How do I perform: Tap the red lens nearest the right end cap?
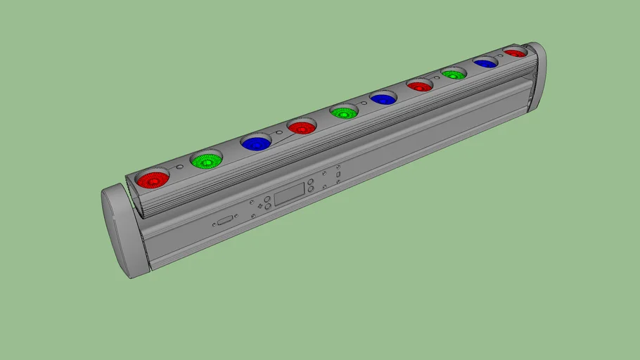515,53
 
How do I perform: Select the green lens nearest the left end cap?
207,161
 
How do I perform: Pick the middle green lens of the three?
344,112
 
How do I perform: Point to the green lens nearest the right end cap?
454,74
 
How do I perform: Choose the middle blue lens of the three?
383,99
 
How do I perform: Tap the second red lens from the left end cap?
301,128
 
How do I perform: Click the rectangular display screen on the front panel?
288,193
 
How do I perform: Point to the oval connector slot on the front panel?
225,221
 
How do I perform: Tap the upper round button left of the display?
268,199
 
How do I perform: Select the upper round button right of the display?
310,181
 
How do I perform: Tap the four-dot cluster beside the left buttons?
260,206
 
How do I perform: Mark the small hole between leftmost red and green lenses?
180,167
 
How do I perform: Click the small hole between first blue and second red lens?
279,133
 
